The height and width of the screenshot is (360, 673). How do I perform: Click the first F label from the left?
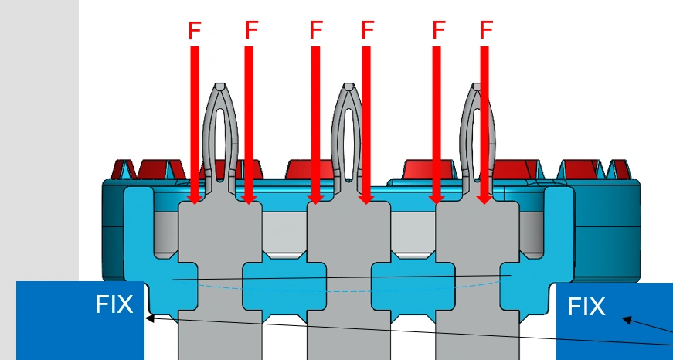195,31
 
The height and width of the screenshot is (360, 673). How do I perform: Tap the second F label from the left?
251,30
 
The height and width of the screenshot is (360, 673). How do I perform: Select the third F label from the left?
315,30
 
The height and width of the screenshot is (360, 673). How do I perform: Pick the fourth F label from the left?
368,31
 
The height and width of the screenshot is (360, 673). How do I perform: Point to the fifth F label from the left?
438,31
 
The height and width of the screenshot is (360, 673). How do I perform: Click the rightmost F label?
486,31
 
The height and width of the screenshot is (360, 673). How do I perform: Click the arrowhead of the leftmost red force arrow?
195,199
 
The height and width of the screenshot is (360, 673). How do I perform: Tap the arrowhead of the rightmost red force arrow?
484,199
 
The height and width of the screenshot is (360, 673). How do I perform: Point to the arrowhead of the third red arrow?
315,199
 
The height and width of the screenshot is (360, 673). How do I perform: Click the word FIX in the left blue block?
114,304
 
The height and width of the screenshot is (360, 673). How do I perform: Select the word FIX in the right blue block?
586,307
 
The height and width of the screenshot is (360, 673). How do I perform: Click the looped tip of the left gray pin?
220,97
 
